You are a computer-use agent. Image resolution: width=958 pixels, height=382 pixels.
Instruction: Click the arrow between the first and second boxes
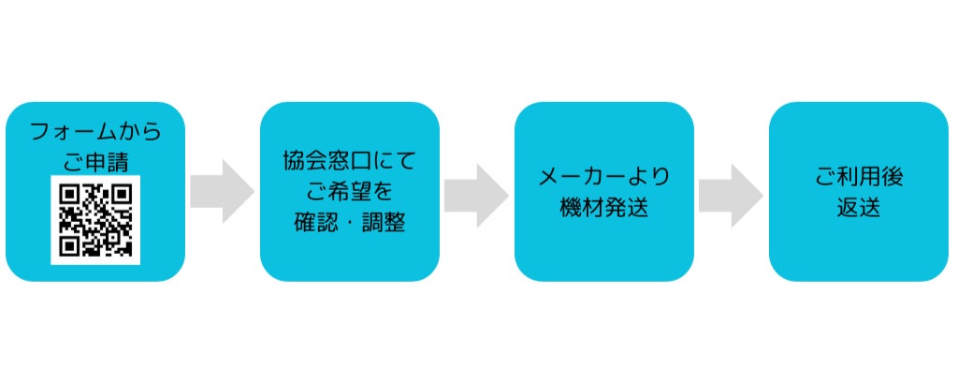point(222,191)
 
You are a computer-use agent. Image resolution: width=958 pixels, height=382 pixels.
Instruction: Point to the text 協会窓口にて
point(349,160)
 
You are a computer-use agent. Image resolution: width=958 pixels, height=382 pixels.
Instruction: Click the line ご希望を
point(349,192)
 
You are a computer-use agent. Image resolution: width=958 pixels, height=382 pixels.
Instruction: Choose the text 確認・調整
point(349,224)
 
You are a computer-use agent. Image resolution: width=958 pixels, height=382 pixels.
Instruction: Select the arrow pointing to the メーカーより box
point(476,191)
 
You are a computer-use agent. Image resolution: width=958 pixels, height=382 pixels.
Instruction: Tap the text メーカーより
point(603,176)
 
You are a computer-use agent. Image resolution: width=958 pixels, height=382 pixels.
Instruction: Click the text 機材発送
point(603,208)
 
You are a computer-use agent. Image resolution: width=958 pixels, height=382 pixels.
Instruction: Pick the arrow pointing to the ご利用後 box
point(731,191)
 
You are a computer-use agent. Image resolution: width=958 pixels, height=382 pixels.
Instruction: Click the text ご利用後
point(858,176)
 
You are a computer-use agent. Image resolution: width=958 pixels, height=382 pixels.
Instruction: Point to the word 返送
point(858,208)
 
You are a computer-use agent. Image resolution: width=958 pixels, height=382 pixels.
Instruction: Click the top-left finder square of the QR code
point(68,194)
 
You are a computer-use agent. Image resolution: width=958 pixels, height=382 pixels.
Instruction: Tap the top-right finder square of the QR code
point(122,194)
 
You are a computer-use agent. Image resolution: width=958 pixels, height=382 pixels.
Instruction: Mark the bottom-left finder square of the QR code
point(68,246)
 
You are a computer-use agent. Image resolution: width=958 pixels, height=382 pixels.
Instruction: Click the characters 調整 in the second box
point(382,224)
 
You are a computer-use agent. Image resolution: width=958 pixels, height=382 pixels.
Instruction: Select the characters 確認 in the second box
point(315,224)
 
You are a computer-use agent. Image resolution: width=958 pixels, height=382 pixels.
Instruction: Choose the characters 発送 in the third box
point(626,208)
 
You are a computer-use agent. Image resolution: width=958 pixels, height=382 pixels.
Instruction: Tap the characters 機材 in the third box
point(581,208)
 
